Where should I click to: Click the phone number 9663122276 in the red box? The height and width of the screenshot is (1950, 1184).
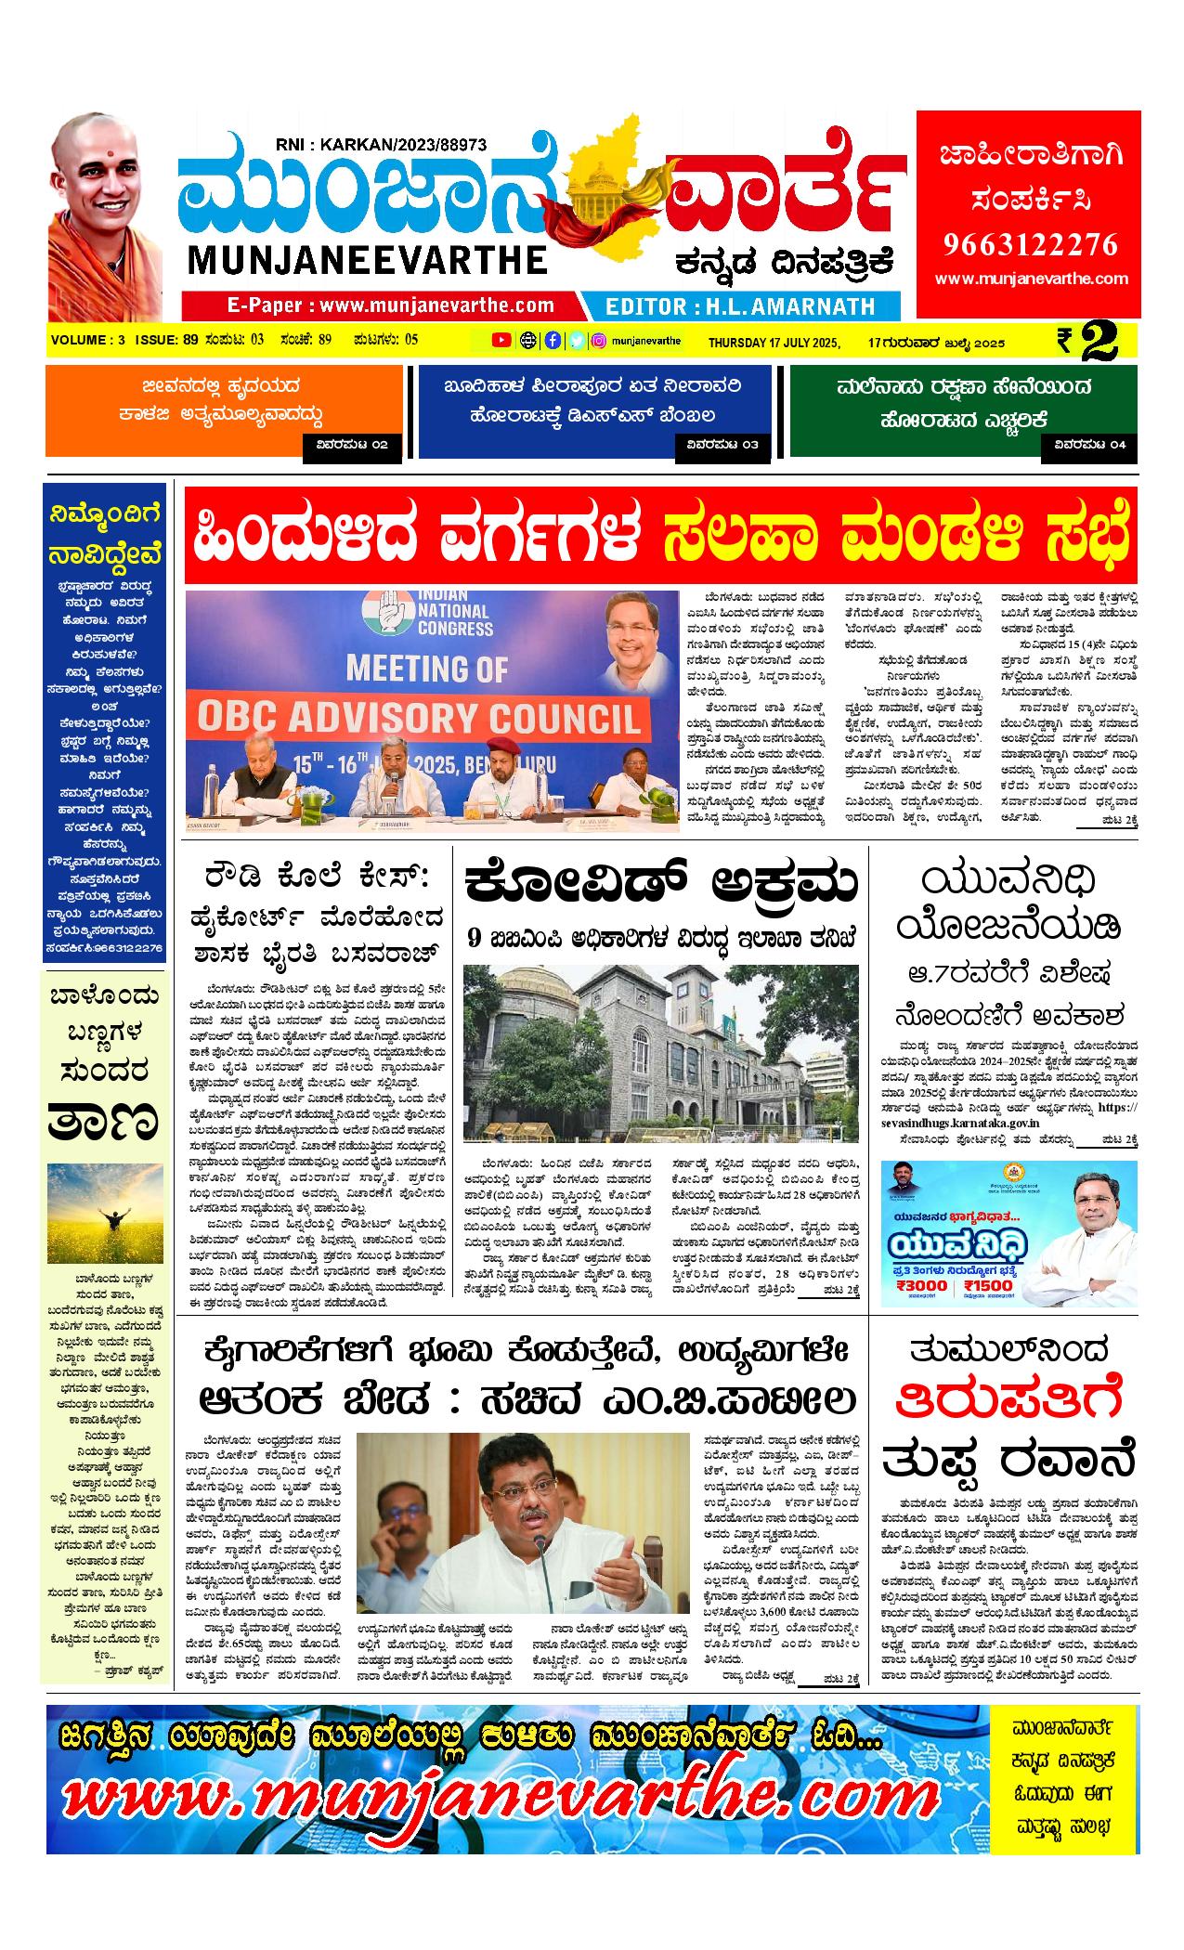pos(1030,244)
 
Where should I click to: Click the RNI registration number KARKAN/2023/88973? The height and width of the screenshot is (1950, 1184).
pos(382,144)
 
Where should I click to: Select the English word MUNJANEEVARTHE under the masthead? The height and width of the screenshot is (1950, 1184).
pos(368,260)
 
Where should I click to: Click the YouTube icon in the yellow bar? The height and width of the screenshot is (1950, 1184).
pos(501,341)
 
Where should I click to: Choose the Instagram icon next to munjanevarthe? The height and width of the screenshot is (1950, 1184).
pos(600,341)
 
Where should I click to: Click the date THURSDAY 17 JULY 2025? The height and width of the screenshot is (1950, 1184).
pos(774,343)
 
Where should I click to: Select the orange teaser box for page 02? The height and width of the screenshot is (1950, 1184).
pos(223,411)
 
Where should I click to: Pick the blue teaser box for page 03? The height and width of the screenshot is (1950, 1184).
pos(593,411)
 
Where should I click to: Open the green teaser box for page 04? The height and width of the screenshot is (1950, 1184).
pos(963,411)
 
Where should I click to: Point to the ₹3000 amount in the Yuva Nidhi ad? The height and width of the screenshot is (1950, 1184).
pos(923,1285)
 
